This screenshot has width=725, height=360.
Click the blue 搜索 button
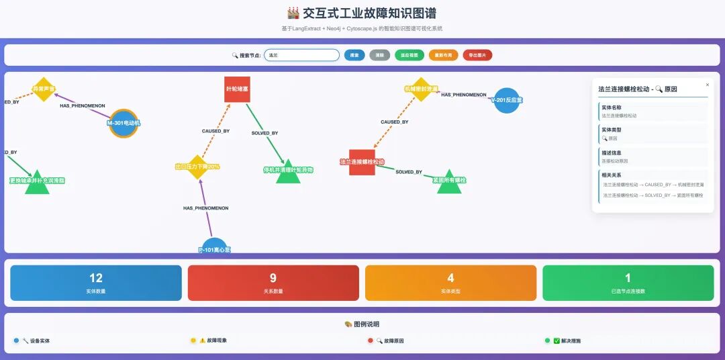click(x=354, y=55)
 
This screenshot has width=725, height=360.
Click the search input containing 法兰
click(x=301, y=55)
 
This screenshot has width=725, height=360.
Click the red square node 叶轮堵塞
click(x=237, y=89)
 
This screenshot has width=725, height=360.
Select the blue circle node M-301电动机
click(x=124, y=123)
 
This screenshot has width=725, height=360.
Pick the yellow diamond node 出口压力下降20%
click(x=197, y=167)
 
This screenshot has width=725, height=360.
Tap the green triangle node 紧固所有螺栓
click(x=450, y=181)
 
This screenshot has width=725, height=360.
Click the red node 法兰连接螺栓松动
click(x=362, y=162)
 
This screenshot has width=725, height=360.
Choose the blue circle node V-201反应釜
click(x=507, y=100)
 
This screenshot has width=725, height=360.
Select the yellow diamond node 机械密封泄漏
click(x=421, y=89)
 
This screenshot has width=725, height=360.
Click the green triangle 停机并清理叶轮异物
click(x=288, y=172)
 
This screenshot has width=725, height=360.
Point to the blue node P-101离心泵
click(x=214, y=247)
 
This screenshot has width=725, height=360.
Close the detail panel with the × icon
click(x=707, y=85)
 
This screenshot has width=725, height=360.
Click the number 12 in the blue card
click(x=96, y=278)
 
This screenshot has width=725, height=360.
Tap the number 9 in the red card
click(x=273, y=278)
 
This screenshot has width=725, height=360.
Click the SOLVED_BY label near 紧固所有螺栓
click(x=409, y=172)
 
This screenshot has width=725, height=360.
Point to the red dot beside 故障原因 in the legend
click(x=371, y=341)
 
